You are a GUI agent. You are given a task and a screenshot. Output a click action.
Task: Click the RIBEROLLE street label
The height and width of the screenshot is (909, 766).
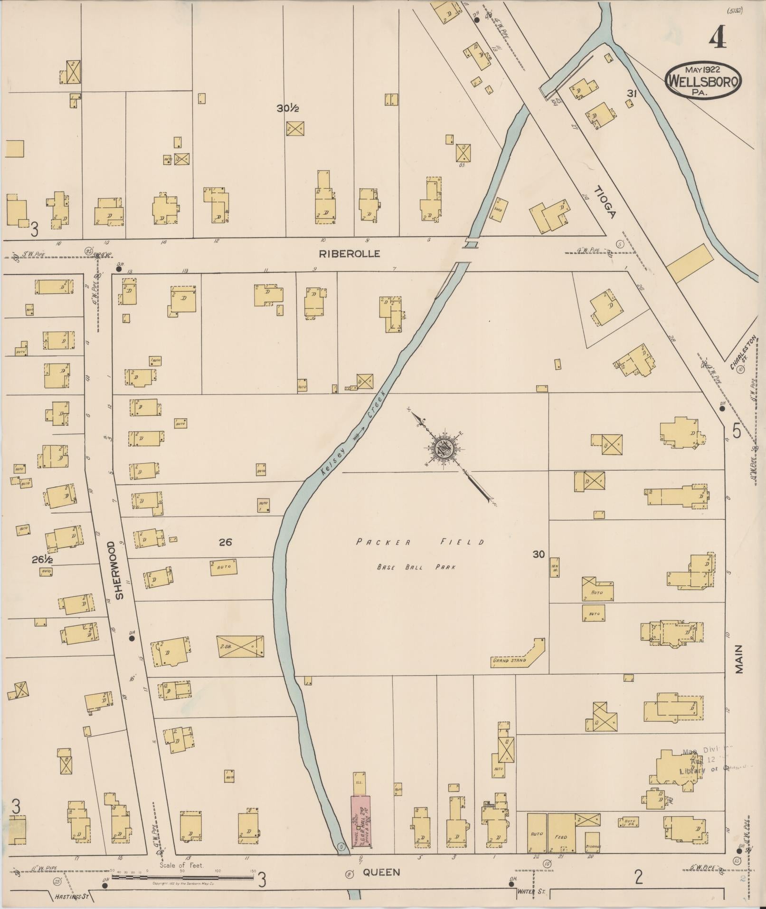point(349,254)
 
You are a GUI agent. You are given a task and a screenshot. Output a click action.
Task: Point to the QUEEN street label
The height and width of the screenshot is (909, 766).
point(382,872)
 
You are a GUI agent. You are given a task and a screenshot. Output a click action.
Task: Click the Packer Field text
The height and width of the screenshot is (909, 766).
point(420,542)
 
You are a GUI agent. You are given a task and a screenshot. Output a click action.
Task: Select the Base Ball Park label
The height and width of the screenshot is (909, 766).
point(416,567)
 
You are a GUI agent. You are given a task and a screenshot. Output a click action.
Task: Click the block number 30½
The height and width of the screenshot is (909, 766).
point(288,108)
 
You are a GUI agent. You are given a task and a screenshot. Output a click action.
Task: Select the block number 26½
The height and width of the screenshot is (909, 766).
point(42,560)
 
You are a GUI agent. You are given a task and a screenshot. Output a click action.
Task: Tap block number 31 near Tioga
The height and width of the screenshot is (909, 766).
point(631,94)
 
